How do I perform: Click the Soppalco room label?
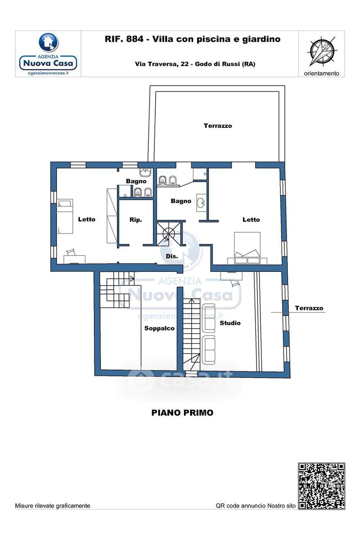pyautogui.click(x=159, y=328)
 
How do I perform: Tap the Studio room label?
pyautogui.click(x=230, y=323)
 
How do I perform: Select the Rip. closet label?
pyautogui.click(x=136, y=220)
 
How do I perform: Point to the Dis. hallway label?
pyautogui.click(x=172, y=256)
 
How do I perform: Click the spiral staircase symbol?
pyautogui.click(x=169, y=233)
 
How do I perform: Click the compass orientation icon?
pyautogui.click(x=321, y=51)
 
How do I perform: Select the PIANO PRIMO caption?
pyautogui.click(x=182, y=413)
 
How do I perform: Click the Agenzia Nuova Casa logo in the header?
pyautogui.click(x=48, y=54)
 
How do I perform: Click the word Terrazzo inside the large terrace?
pyautogui.click(x=218, y=126)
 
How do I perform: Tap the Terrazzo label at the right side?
pyautogui.click(x=309, y=308)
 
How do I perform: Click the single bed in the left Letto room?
pyautogui.click(x=65, y=216)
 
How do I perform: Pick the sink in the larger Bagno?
pyautogui.click(x=201, y=203)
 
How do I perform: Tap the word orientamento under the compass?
pyautogui.click(x=321, y=73)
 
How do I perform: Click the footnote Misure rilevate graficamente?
pyautogui.click(x=53, y=506)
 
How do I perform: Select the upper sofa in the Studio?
pyautogui.click(x=209, y=317)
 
